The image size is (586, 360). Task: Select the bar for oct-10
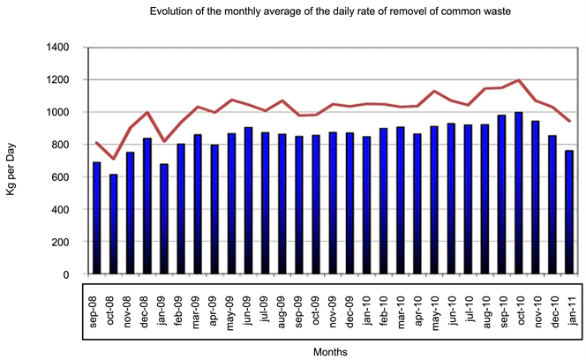pyautogui.click(x=518, y=193)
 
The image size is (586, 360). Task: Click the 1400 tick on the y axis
pyautogui.click(x=64, y=48)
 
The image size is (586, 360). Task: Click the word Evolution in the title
pyautogui.click(x=173, y=12)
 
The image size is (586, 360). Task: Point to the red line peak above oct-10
pyautogui.click(x=518, y=80)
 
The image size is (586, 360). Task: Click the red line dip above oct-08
pyautogui.click(x=113, y=159)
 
